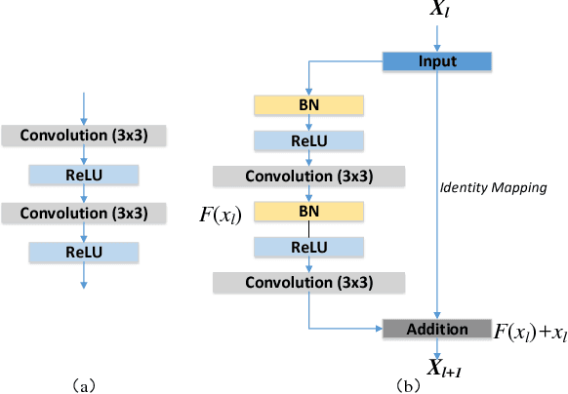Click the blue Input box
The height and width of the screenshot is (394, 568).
(x=438, y=61)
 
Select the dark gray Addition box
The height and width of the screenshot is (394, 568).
(x=438, y=329)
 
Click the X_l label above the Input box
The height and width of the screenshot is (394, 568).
(x=439, y=12)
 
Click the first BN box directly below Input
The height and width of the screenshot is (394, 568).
(x=308, y=103)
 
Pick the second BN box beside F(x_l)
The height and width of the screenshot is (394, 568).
(x=308, y=211)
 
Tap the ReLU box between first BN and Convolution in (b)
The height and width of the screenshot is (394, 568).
(x=308, y=139)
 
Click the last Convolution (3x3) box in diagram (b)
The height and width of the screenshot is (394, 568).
(x=308, y=283)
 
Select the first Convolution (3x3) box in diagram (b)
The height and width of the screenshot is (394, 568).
(x=308, y=176)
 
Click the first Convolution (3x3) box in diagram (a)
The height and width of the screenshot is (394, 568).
(x=85, y=137)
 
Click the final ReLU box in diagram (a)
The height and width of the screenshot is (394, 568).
(x=85, y=252)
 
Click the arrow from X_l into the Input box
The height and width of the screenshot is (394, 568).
(x=438, y=39)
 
